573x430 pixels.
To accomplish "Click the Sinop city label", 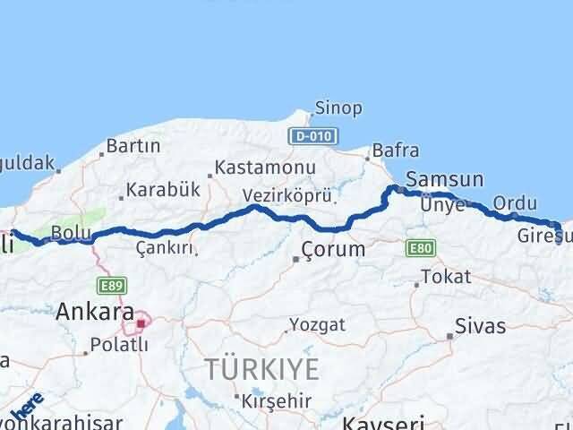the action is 338,108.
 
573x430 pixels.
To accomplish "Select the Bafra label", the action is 396,152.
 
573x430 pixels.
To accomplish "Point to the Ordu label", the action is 515,202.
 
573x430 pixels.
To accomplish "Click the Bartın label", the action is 133,145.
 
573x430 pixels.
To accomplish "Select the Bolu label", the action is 67,232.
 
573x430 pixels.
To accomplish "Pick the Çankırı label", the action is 164,246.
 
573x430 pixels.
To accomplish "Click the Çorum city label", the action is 333,249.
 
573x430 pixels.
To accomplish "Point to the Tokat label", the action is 445,276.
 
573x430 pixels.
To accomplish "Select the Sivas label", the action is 480,325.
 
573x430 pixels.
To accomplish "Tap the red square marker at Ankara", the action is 140,321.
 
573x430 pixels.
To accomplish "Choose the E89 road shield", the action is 113,285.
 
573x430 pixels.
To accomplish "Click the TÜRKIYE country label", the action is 261,368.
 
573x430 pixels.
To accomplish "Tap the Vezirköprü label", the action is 287,195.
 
